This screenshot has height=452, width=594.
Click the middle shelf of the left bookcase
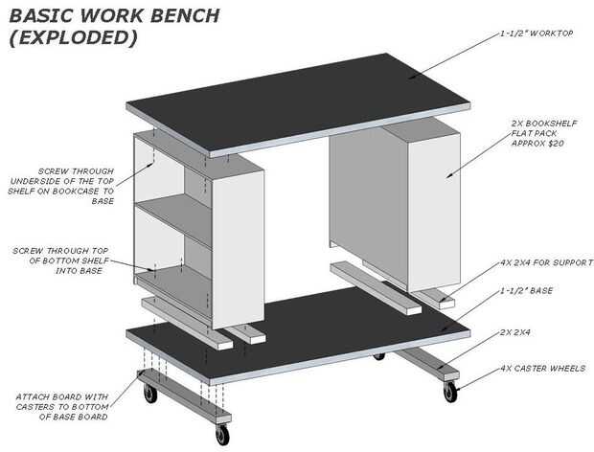171,215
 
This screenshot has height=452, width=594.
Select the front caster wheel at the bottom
222,436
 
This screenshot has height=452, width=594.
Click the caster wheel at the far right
450,392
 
